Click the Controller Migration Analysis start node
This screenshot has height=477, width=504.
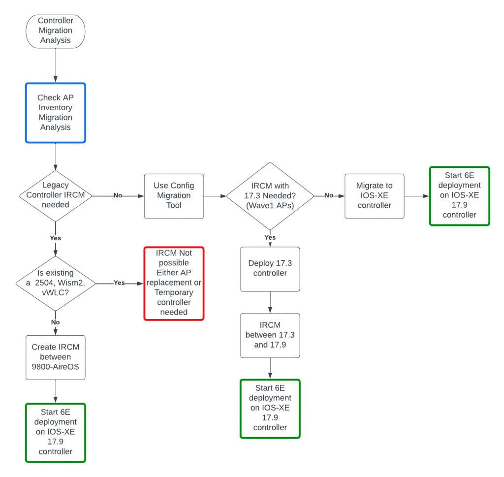click(x=56, y=31)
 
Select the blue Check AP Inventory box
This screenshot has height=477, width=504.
click(x=56, y=113)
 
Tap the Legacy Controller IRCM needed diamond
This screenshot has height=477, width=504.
click(x=56, y=195)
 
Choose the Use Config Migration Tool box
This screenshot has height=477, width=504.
click(x=174, y=195)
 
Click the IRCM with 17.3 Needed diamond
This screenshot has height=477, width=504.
click(x=270, y=195)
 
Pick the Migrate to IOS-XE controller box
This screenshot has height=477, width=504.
click(x=375, y=195)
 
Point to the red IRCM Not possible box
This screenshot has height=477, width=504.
click(x=174, y=284)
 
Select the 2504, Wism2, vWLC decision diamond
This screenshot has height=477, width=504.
click(x=56, y=284)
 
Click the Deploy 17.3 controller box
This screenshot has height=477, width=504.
click(x=270, y=269)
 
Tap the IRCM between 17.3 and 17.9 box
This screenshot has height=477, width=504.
click(x=270, y=335)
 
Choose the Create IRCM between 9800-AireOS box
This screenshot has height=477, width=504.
click(x=56, y=357)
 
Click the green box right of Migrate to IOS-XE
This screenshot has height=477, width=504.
click(x=459, y=196)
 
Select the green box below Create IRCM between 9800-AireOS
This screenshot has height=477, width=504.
click(x=56, y=433)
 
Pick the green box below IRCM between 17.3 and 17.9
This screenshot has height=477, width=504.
click(x=270, y=408)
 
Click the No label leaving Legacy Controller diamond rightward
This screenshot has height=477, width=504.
click(x=118, y=195)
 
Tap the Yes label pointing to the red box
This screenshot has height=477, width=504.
click(x=119, y=283)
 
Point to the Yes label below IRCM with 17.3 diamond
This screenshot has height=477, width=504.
click(x=270, y=237)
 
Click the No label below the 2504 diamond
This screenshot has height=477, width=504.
click(x=56, y=322)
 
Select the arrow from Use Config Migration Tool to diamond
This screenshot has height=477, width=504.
click(x=215, y=195)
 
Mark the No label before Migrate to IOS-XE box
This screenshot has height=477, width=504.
click(x=329, y=195)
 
